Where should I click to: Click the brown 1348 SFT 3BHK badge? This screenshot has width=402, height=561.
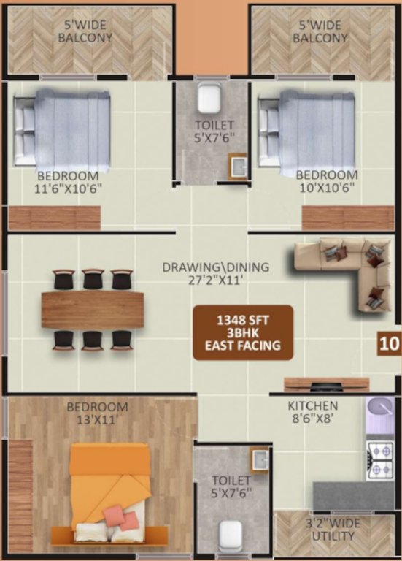click(x=243, y=332)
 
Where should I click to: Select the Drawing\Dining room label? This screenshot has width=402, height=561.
click(x=215, y=272)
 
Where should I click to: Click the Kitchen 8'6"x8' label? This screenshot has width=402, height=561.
click(x=312, y=412)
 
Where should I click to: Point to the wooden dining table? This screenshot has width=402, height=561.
click(x=93, y=310)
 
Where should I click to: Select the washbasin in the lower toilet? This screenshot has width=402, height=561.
click(x=259, y=460)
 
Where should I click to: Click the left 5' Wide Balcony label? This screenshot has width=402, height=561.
click(x=85, y=31)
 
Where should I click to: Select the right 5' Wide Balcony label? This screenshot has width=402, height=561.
click(x=320, y=31)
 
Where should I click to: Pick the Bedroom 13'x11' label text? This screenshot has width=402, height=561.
click(x=97, y=413)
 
